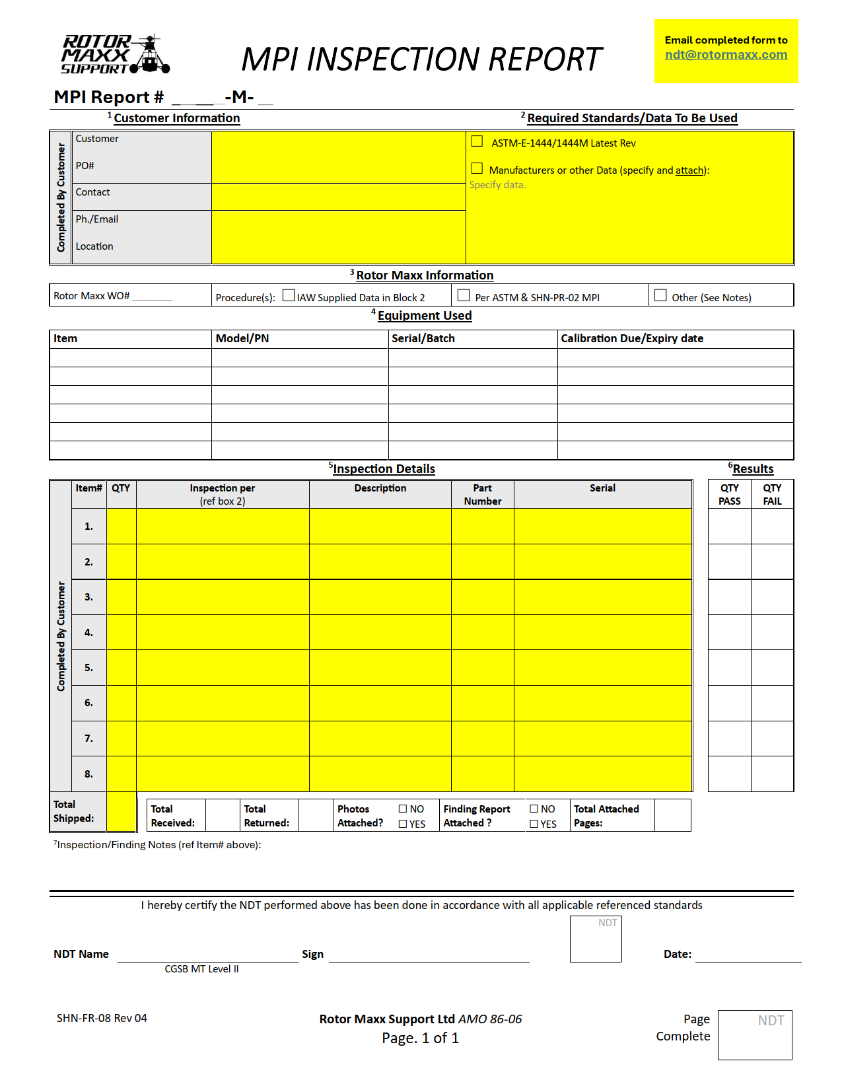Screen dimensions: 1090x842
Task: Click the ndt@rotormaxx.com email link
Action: pyautogui.click(x=726, y=55)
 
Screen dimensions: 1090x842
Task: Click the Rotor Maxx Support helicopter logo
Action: pyautogui.click(x=116, y=54)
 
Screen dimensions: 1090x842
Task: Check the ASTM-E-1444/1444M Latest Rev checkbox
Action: pyautogui.click(x=477, y=141)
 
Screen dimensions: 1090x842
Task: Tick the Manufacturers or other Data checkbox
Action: pyautogui.click(x=477, y=168)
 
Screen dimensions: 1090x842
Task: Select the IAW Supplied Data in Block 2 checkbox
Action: pyautogui.click(x=289, y=295)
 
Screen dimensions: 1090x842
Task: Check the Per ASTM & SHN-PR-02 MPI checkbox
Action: pyautogui.click(x=464, y=295)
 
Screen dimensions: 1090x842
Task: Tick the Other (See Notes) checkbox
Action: pyautogui.click(x=660, y=295)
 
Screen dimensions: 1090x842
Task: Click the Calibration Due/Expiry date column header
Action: pyautogui.click(x=632, y=338)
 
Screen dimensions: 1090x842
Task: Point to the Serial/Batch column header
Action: pyautogui.click(x=423, y=338)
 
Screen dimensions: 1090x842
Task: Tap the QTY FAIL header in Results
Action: pyautogui.click(x=772, y=494)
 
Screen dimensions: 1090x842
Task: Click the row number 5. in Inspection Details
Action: pyautogui.click(x=88, y=667)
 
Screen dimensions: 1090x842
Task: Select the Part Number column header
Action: pyautogui.click(x=482, y=494)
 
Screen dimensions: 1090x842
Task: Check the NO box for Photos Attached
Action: pyautogui.click(x=403, y=809)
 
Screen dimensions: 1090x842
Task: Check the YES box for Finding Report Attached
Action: pyautogui.click(x=534, y=824)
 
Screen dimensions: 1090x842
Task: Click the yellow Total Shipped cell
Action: pyautogui.click(x=122, y=811)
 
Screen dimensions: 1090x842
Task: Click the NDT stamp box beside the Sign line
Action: pyautogui.click(x=596, y=938)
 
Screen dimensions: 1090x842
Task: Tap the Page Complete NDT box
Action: pyautogui.click(x=754, y=1035)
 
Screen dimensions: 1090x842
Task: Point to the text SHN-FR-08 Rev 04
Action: pyautogui.click(x=102, y=1018)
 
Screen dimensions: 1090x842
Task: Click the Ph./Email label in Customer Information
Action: pyautogui.click(x=97, y=219)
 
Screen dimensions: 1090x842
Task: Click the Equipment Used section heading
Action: pyautogui.click(x=425, y=316)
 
